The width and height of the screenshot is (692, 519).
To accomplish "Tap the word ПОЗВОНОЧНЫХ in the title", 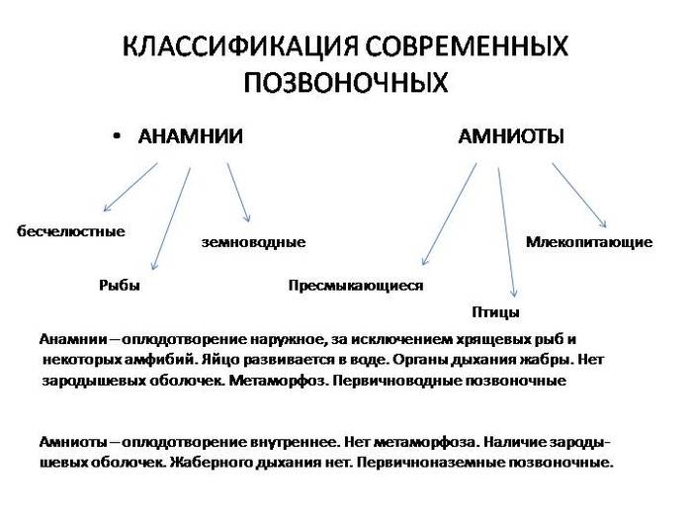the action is (x=346, y=82).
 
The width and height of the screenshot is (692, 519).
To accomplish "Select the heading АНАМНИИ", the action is (x=190, y=136).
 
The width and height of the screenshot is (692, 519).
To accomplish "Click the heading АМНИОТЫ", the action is (x=511, y=136).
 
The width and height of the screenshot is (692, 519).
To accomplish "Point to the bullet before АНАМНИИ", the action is (x=117, y=136).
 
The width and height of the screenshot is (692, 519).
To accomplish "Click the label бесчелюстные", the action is (x=71, y=231).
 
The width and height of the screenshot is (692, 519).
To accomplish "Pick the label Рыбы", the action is (x=120, y=285).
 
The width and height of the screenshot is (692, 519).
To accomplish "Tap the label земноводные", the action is (x=253, y=242).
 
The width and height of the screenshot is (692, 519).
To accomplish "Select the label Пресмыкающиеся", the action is (x=356, y=286).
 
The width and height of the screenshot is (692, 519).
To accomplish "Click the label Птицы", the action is (x=495, y=312).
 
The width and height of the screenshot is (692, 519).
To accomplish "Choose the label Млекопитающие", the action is (x=589, y=242).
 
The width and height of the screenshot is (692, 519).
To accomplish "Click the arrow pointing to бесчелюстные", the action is (x=130, y=187).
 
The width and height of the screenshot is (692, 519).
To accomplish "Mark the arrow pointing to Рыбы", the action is (x=171, y=218).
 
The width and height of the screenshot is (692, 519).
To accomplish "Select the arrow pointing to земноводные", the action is (x=239, y=192).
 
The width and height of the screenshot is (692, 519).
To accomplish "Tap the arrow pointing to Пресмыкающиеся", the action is (x=449, y=215).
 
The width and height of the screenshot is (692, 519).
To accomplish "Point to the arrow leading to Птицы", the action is (x=506, y=232).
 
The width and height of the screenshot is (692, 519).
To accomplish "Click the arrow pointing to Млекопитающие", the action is (x=579, y=196).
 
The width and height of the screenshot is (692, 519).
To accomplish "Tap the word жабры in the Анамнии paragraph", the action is (x=548, y=360).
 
